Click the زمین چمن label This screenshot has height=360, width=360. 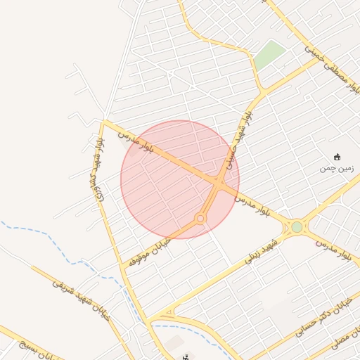tap(335, 168)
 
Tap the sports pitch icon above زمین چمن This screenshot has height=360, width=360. tap(337, 157)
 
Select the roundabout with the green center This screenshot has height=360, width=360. tap(297, 227)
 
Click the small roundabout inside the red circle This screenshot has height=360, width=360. tap(200, 219)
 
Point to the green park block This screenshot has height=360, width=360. tap(269, 55)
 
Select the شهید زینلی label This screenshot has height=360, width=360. tap(261, 251)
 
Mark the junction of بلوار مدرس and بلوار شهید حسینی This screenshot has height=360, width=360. tap(219, 181)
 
